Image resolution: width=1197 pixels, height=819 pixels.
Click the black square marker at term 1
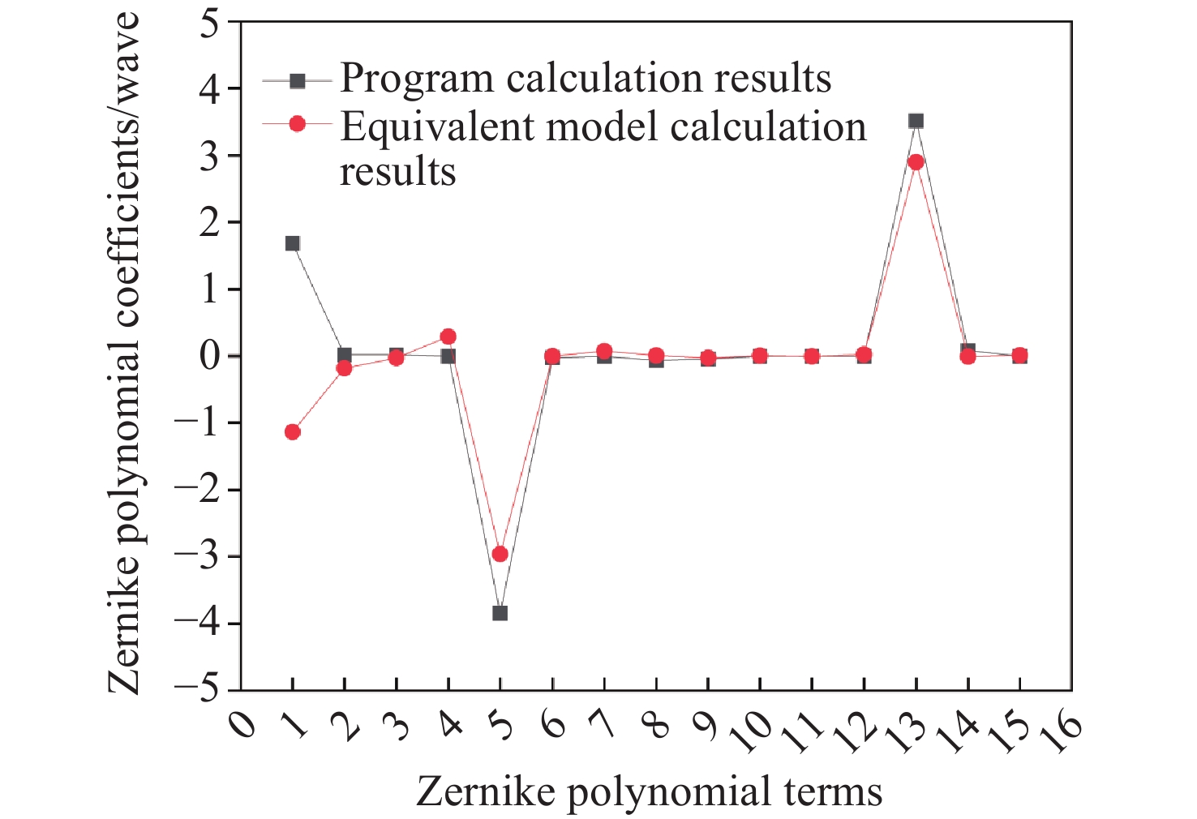(293, 243)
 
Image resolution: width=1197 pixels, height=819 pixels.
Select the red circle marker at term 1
(293, 432)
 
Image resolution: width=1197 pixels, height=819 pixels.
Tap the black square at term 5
(500, 613)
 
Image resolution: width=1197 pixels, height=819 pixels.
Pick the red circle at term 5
(500, 554)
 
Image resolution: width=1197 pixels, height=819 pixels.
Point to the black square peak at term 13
(916, 121)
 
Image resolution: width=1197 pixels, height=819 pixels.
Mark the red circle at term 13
(916, 162)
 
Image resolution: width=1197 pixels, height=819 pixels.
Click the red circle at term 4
(448, 337)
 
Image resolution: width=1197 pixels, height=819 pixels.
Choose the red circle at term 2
(345, 368)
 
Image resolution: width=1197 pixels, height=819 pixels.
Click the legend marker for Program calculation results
(298, 81)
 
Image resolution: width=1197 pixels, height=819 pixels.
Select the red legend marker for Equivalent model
(298, 124)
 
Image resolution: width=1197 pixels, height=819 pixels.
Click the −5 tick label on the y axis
(199, 691)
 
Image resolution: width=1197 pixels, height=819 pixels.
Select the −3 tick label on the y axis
(199, 557)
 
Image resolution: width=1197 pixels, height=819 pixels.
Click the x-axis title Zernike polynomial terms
(649, 791)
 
